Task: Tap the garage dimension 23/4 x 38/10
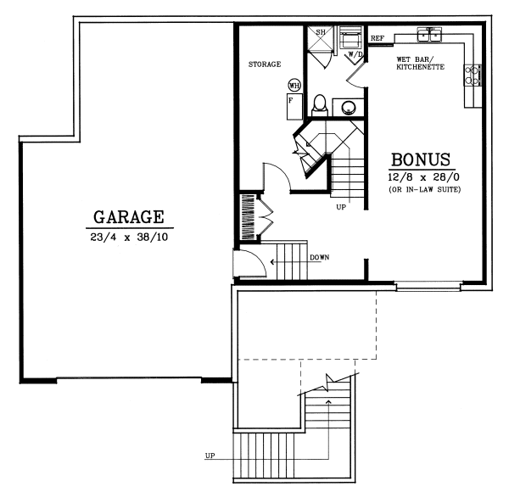click(x=129, y=238)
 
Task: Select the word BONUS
click(x=421, y=160)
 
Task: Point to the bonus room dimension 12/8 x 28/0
click(x=421, y=177)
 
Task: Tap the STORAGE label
click(x=265, y=64)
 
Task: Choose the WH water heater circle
click(x=294, y=86)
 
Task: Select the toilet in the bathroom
click(x=320, y=104)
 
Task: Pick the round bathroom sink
click(x=349, y=107)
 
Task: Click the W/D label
click(x=355, y=55)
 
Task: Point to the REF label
click(x=378, y=38)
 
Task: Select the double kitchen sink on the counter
click(x=431, y=35)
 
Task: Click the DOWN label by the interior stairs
click(x=319, y=257)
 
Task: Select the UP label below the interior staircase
click(x=341, y=206)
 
